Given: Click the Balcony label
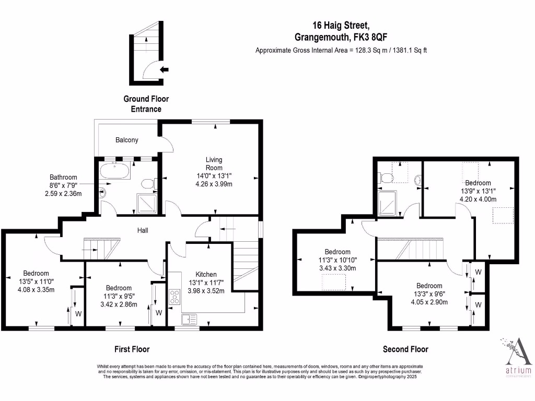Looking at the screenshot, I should tap(126, 140).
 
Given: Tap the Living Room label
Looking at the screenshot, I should tap(214, 164).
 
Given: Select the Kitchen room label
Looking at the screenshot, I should tap(206, 274).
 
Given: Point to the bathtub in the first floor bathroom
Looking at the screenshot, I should tap(114, 171).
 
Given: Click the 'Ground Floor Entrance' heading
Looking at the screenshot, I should tap(146, 104).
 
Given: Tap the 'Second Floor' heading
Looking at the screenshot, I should tap(405, 349).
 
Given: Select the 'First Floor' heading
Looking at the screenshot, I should tap(132, 349).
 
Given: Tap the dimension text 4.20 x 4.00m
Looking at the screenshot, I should tap(478, 198).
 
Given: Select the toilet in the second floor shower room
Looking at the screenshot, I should tap(387, 178).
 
